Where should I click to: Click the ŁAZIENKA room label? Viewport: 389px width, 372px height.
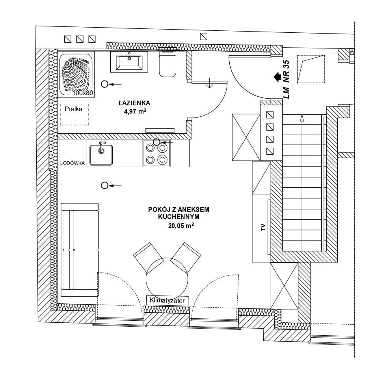(134, 103)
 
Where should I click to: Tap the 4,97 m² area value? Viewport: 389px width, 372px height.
(135, 111)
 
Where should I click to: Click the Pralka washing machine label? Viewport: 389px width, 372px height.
(73, 109)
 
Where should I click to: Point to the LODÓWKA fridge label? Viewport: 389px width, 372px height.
(73, 163)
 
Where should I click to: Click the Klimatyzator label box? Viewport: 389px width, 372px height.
(167, 301)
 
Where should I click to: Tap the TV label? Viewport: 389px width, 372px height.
(263, 227)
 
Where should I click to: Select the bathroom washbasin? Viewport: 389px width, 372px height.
(129, 62)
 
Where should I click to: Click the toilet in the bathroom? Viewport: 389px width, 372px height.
(168, 64)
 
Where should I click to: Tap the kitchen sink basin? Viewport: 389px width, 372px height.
(101, 155)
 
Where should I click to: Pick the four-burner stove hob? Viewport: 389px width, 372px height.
(156, 153)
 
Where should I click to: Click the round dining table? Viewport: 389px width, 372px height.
(167, 279)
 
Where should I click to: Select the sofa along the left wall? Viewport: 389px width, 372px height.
(80, 250)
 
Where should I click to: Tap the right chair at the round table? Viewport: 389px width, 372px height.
(186, 257)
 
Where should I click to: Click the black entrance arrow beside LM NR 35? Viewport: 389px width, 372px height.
(277, 77)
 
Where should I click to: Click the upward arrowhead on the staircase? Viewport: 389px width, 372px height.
(302, 118)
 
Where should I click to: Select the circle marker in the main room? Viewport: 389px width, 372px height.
(105, 185)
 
